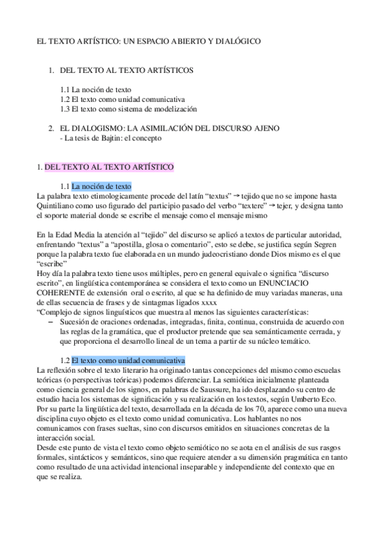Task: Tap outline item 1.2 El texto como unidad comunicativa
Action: (122, 100)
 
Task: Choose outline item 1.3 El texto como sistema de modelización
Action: (128, 109)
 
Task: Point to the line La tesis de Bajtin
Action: (110, 138)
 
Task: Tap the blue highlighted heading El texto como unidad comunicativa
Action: (128, 361)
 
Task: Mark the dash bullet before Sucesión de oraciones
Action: (51, 321)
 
